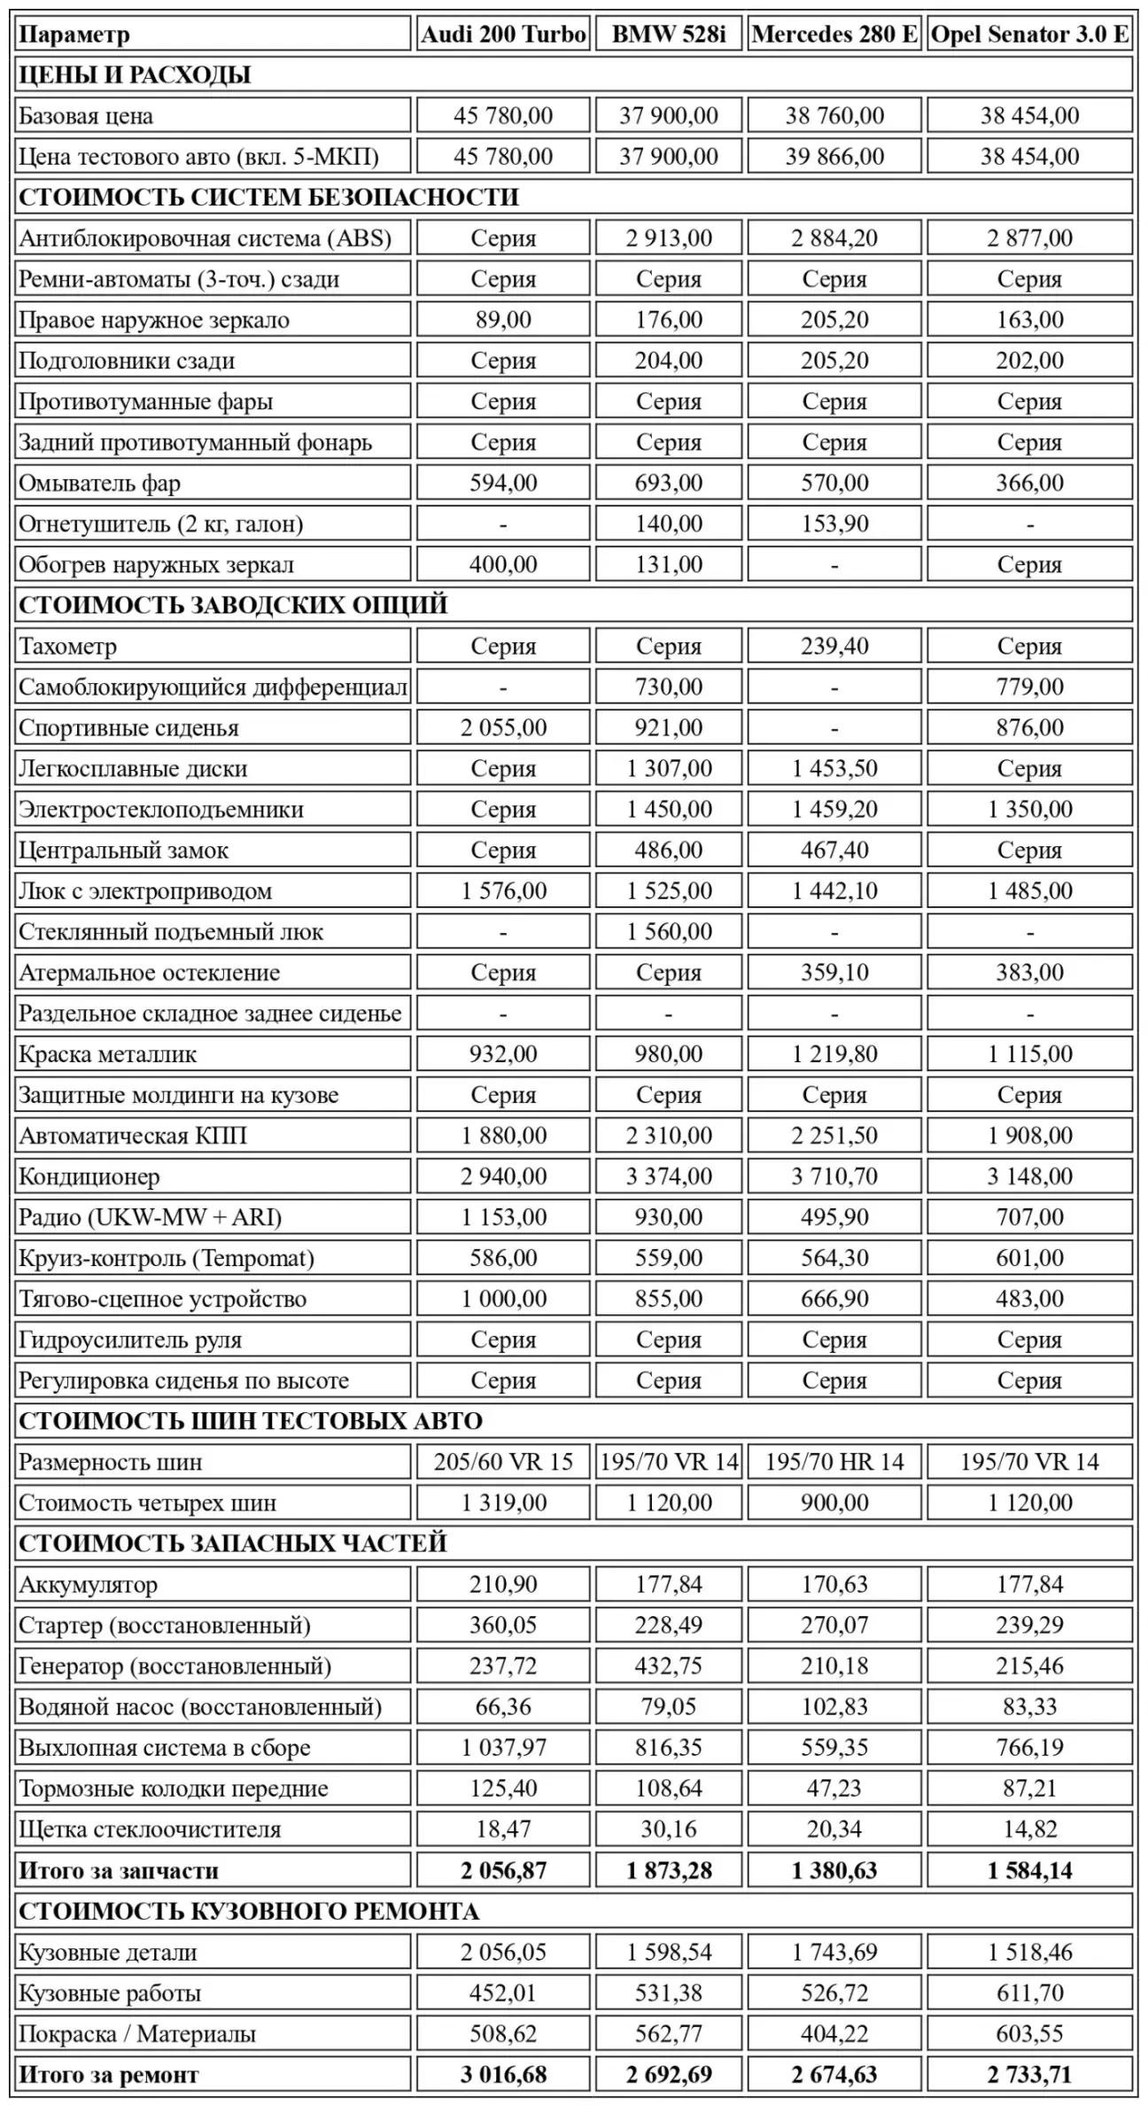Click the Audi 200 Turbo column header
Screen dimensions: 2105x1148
(x=503, y=35)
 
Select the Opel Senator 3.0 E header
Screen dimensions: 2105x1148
(x=1029, y=35)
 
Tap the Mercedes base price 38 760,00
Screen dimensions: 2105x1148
(x=834, y=115)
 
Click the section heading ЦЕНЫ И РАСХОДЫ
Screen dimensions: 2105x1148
(x=135, y=75)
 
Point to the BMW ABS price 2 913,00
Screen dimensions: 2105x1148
(x=669, y=237)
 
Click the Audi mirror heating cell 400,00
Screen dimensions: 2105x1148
(x=503, y=564)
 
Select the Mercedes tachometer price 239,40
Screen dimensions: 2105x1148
(x=834, y=646)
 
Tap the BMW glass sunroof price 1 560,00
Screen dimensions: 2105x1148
(x=669, y=931)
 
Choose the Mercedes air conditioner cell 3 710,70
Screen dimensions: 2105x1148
(x=834, y=1177)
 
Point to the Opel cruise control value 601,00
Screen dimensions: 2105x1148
(x=1029, y=1258)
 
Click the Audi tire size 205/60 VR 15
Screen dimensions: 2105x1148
(x=503, y=1462)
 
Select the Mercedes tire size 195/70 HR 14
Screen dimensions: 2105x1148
(x=834, y=1462)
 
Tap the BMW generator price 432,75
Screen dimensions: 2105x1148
(x=669, y=1666)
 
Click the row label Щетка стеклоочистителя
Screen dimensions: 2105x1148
(x=150, y=1829)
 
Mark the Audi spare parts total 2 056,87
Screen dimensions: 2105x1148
(x=503, y=1870)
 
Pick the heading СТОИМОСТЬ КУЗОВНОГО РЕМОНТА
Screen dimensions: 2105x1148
(x=249, y=1911)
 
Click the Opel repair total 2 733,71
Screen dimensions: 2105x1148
(x=1029, y=2074)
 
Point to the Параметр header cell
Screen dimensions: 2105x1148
(x=74, y=35)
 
